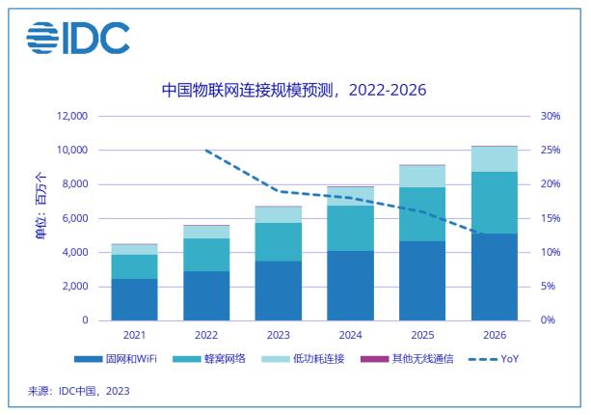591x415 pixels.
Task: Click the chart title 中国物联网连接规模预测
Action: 293,91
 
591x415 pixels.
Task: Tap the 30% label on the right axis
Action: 550,117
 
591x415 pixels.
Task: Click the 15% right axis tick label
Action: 550,219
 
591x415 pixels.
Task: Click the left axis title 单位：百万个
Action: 40,205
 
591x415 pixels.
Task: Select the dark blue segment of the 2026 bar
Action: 494,277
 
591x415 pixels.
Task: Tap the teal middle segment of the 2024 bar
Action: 351,228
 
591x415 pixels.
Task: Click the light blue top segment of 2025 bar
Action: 422,177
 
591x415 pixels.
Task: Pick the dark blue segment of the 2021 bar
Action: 135,299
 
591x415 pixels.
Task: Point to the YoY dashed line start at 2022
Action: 206,151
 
